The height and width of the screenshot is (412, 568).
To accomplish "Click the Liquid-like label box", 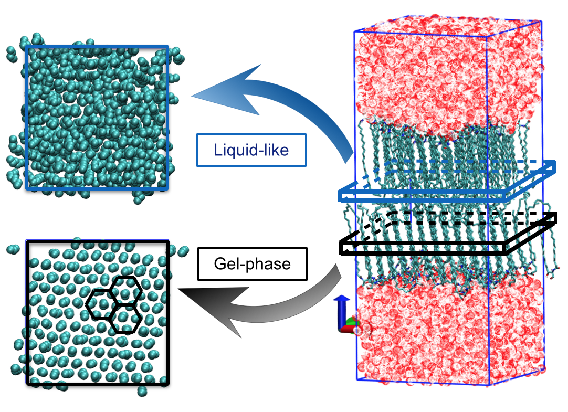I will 251,150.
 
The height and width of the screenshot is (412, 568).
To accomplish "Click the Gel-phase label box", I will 251,263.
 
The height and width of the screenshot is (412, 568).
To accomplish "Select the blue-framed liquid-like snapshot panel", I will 97,117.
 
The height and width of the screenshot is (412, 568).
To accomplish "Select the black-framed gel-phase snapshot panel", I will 97,313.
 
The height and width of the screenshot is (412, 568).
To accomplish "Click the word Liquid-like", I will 251,150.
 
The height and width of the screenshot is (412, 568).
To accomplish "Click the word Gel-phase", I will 251,263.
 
